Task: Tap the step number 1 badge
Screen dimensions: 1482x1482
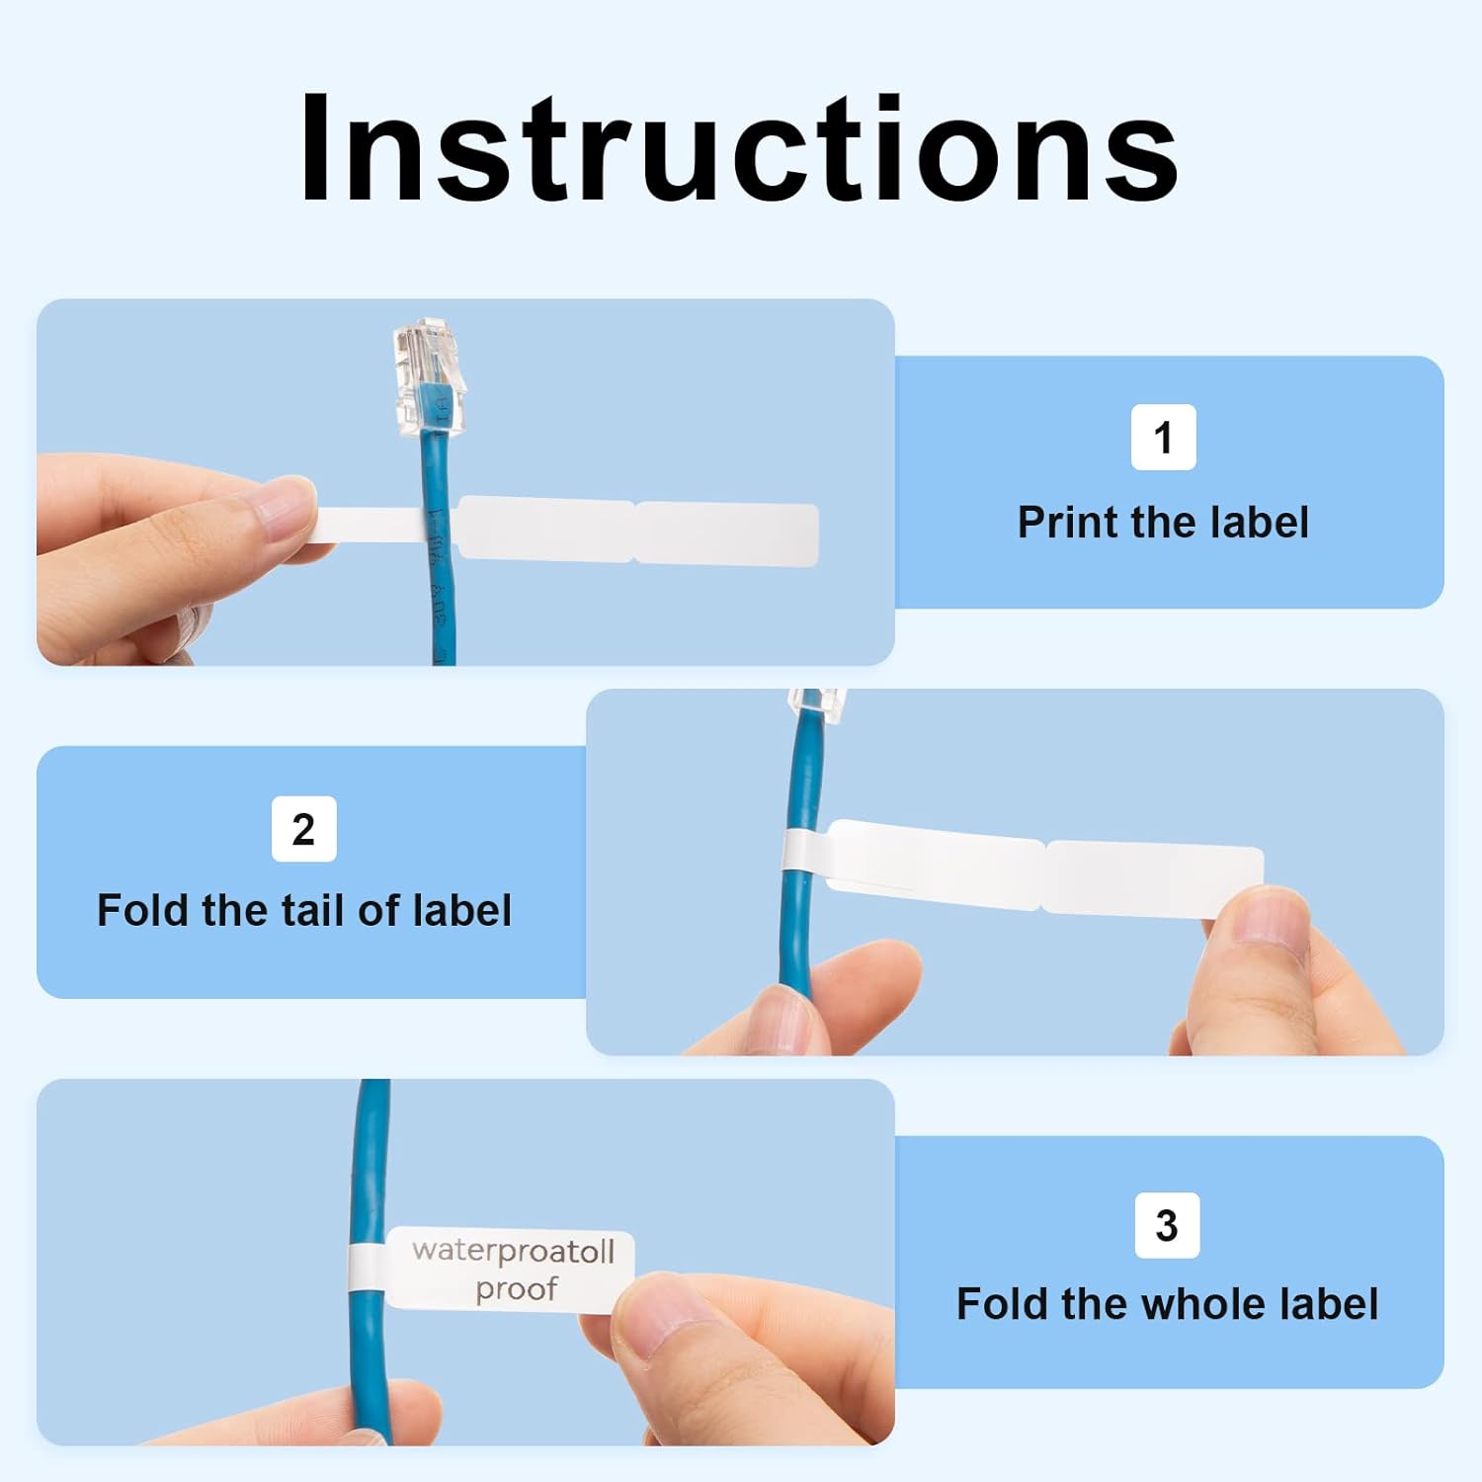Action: point(1163,437)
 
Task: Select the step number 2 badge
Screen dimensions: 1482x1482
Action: point(303,828)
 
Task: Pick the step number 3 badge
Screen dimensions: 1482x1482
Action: point(1167,1225)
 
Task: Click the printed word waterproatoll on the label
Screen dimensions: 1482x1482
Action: point(513,1251)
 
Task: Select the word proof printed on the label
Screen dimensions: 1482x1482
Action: point(516,1289)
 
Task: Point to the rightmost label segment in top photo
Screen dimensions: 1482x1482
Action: point(726,534)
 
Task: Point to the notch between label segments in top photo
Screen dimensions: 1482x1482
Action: point(633,532)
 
